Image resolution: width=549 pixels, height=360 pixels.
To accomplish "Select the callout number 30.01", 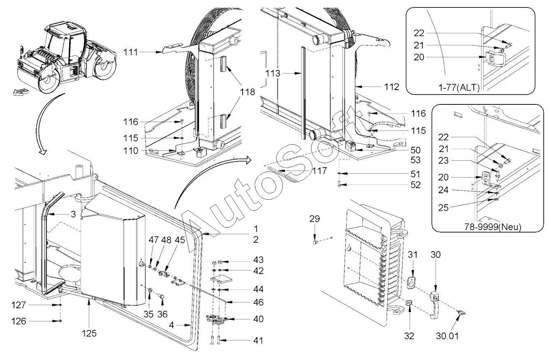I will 447,336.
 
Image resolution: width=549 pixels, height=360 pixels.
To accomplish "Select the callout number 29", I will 314,219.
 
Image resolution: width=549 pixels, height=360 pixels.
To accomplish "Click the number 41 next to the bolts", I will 258,340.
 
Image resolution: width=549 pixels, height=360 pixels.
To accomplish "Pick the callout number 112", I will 392,87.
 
